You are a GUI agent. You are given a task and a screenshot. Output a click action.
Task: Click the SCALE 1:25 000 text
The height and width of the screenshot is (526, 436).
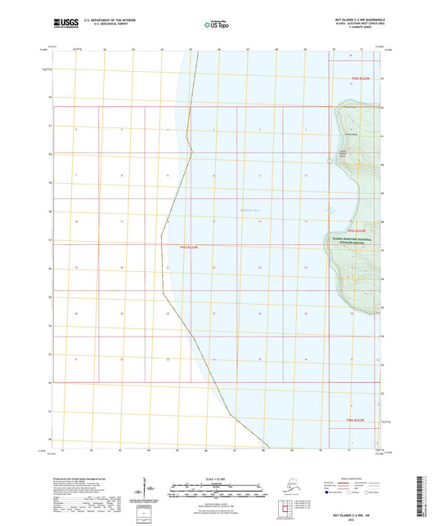[x=216, y=478]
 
